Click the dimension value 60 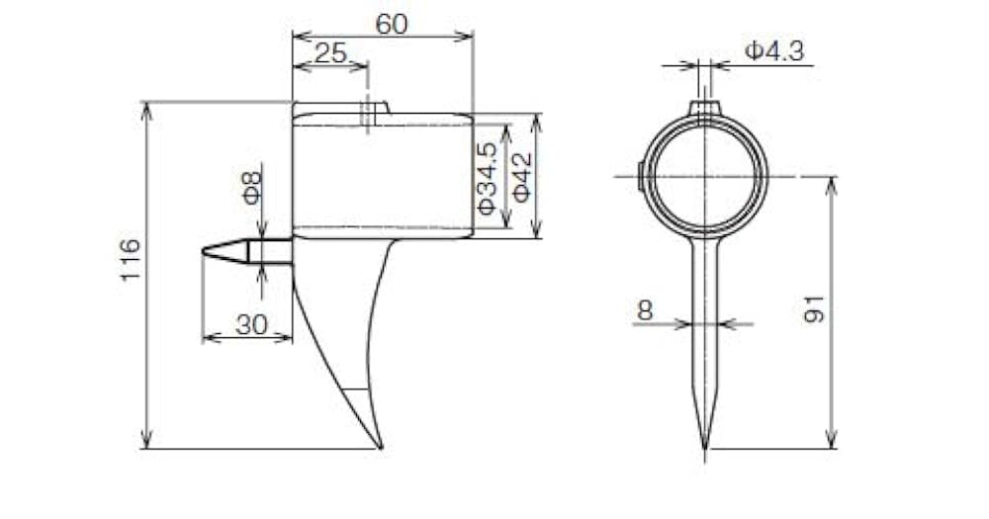[392, 25]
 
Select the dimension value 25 [330, 53]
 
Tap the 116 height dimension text [131, 261]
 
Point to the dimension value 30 [251, 324]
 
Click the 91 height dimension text [814, 308]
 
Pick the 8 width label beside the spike [645, 310]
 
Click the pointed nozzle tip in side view [205, 252]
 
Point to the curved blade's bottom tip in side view [380, 447]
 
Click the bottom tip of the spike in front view [705, 457]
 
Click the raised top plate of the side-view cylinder [341, 108]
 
